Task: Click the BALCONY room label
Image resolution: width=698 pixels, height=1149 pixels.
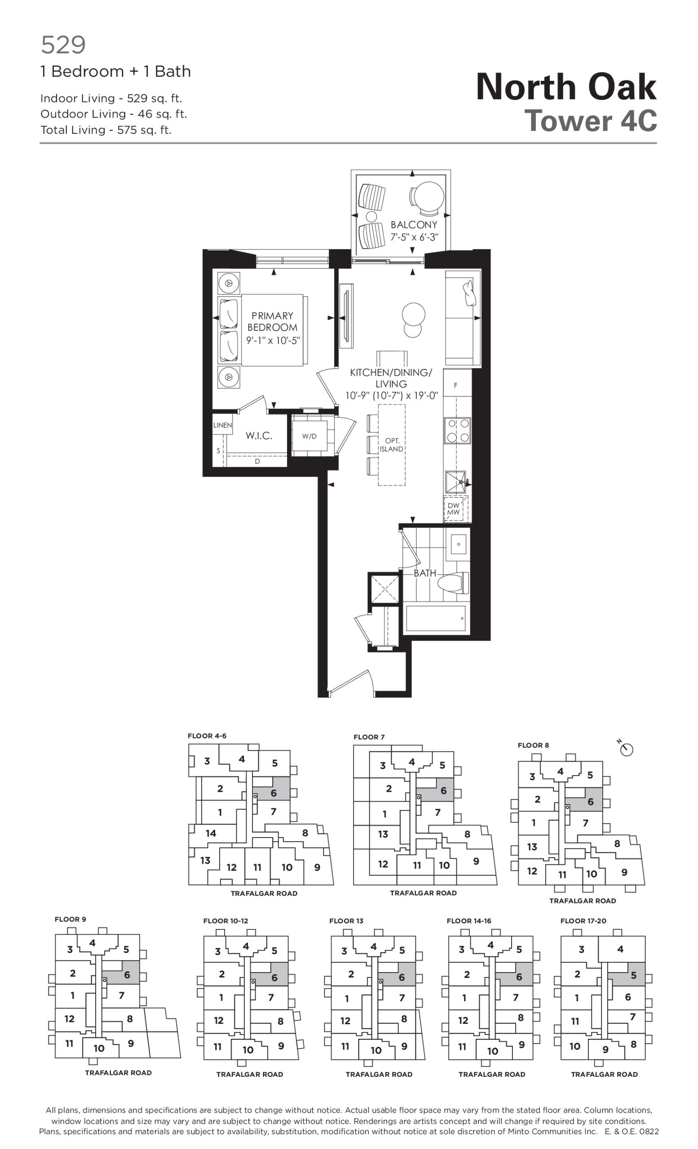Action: pos(414,225)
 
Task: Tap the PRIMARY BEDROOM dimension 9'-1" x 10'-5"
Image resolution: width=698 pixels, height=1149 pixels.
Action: pos(273,340)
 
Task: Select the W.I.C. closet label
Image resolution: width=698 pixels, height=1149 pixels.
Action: pos(259,435)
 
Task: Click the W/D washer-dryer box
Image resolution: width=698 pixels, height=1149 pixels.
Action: pos(309,436)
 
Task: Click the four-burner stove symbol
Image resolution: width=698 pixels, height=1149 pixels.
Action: pos(457,430)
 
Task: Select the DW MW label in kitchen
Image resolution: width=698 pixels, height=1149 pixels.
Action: pos(454,509)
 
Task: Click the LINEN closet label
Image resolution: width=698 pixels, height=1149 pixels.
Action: pos(222,425)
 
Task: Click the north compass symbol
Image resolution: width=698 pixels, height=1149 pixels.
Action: pos(627,749)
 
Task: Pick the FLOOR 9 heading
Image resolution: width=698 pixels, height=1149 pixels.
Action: pos(70,919)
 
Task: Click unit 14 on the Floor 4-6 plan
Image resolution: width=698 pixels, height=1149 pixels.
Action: pos(211,833)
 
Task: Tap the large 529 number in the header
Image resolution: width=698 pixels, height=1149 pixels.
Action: pos(63,45)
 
